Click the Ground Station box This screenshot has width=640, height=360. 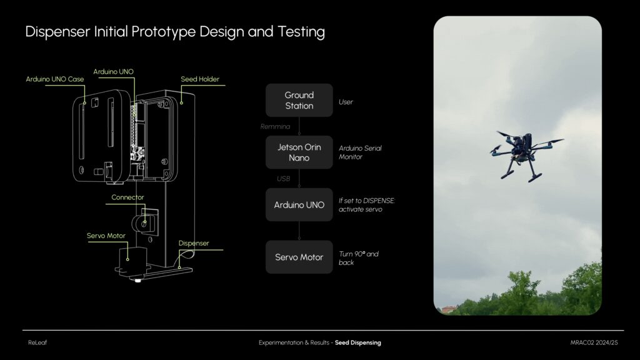click(x=299, y=101)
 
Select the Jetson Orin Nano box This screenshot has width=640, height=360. click(x=299, y=152)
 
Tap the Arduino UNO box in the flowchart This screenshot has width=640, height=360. click(x=299, y=204)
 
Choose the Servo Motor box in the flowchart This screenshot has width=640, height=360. click(x=299, y=257)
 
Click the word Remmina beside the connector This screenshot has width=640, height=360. click(x=275, y=126)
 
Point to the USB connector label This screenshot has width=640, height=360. click(x=283, y=179)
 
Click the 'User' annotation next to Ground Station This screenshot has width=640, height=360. click(x=346, y=102)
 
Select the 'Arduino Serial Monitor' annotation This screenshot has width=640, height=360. click(x=360, y=152)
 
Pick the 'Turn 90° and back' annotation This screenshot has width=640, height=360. click(x=358, y=258)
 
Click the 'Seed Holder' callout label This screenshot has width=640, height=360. click(x=200, y=79)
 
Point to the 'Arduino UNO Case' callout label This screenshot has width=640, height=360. click(x=55, y=79)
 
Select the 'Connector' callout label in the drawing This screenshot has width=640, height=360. click(x=127, y=197)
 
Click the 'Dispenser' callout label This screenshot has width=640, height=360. click(x=194, y=243)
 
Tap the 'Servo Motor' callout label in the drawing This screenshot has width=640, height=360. click(x=106, y=236)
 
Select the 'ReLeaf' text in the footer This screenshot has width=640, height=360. click(x=37, y=343)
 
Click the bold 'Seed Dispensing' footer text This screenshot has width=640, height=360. click(x=358, y=343)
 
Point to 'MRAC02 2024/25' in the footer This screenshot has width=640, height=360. click(x=594, y=343)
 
